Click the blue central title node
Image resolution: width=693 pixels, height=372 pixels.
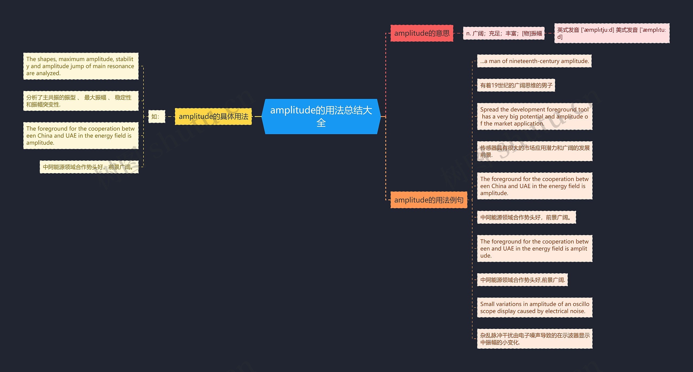pos(321,116)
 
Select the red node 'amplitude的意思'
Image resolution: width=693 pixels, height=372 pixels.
pos(421,33)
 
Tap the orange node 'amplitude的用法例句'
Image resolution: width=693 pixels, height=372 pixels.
pos(429,200)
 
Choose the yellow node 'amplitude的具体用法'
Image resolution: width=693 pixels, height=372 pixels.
pos(213,117)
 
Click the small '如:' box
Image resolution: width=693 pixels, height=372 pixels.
pos(156,117)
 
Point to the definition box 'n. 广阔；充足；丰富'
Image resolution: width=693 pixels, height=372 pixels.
pos(504,33)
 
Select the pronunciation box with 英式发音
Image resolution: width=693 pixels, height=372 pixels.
pos(612,33)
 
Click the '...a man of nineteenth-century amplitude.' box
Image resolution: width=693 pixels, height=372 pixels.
pos(534,61)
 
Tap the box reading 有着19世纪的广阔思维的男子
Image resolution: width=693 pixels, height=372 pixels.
pos(516,85)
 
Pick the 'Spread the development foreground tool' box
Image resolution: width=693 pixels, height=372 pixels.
pos(534,117)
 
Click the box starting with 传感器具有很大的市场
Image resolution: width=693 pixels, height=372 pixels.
pos(534,151)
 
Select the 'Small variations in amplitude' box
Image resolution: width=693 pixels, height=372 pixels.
pos(534,308)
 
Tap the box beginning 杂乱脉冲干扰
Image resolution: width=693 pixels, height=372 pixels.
pos(534,339)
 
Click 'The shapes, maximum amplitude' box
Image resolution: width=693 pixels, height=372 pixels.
pos(81,66)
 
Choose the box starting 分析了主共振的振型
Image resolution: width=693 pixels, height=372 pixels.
pos(81,101)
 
